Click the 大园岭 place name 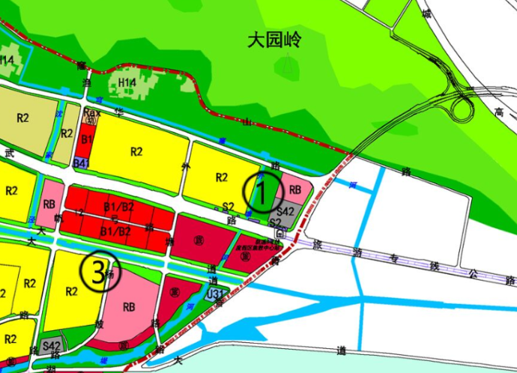point(273,39)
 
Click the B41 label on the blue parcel point(82,163)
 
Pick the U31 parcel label point(216,294)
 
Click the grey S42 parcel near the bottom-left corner point(52,345)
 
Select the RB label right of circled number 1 point(294,190)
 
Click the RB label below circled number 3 point(129,306)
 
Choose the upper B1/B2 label point(118,207)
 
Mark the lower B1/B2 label point(115,231)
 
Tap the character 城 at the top point(426,13)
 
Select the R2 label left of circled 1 point(221,178)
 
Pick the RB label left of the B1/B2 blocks point(49,204)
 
